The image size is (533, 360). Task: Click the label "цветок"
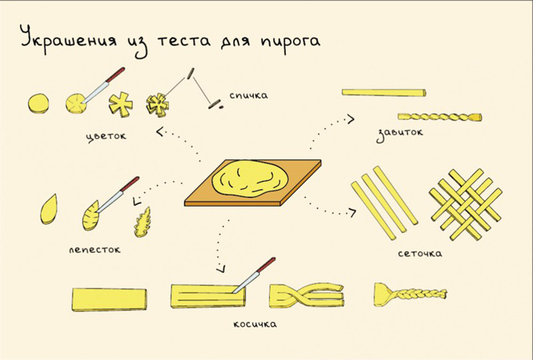[107, 135]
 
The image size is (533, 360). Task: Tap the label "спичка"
[248, 95]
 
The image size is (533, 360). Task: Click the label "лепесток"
[94, 249]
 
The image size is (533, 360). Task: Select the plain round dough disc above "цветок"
[38, 103]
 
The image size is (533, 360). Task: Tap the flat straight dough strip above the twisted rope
[384, 93]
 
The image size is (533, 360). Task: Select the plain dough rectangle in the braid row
[109, 299]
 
